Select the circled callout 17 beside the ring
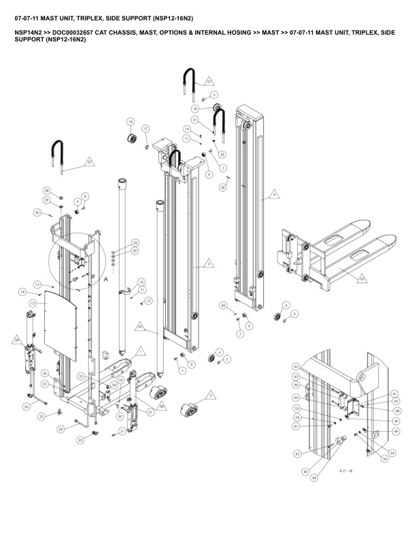145,128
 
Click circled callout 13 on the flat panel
33,302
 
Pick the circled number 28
47,190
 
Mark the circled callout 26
27,406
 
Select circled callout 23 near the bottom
80,440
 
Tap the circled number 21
122,431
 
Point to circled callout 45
297,454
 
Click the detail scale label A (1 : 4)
345,470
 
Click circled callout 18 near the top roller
195,108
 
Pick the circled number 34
223,306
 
